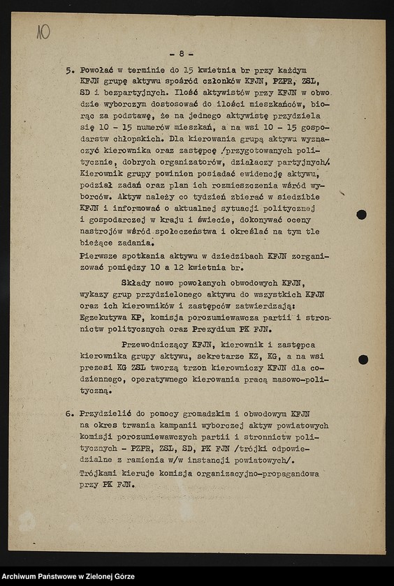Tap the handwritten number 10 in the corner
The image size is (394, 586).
tap(43, 32)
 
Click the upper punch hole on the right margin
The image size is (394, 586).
tap(361, 214)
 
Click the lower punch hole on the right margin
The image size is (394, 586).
tap(363, 359)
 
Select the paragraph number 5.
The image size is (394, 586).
tap(69, 71)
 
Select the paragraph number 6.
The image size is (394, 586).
tap(69, 414)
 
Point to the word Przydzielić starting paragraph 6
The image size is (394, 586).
tap(108, 414)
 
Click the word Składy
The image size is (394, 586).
tap(137, 283)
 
